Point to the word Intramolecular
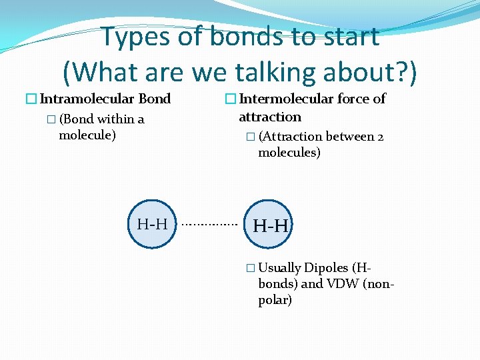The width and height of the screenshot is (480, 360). pyautogui.click(x=87, y=99)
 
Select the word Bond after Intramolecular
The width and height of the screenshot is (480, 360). pyautogui.click(x=154, y=99)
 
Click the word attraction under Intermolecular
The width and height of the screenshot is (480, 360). pyautogui.click(x=270, y=117)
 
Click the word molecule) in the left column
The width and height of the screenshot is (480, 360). pyautogui.click(x=87, y=136)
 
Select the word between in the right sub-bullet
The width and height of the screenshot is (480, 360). pyautogui.click(x=350, y=137)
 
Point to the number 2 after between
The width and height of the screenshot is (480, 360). pyautogui.click(x=380, y=137)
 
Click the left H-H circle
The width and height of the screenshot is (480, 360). pyautogui.click(x=153, y=224)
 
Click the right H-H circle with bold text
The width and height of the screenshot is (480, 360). pyautogui.click(x=270, y=225)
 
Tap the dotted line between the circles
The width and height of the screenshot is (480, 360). pyautogui.click(x=209, y=225)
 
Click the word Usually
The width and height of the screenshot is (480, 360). pyautogui.click(x=279, y=268)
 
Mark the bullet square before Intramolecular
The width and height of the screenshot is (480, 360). pyautogui.click(x=31, y=99)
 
